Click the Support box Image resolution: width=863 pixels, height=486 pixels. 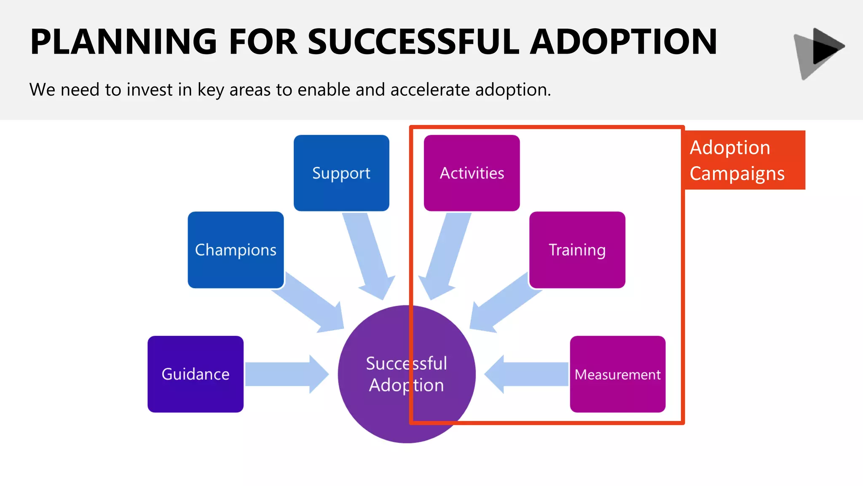[x=341, y=173]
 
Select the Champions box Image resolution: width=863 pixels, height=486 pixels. [x=236, y=250]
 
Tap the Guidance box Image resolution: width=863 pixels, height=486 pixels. [x=196, y=374]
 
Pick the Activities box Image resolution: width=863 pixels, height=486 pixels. [x=472, y=173]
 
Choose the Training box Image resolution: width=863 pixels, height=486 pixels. [x=577, y=250]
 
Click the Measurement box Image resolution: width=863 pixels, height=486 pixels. [x=618, y=374]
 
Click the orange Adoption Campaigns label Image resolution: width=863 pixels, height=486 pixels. [x=744, y=160]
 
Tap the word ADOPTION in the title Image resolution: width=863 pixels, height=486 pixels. [x=623, y=42]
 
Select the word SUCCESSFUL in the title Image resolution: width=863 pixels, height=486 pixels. [x=413, y=42]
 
